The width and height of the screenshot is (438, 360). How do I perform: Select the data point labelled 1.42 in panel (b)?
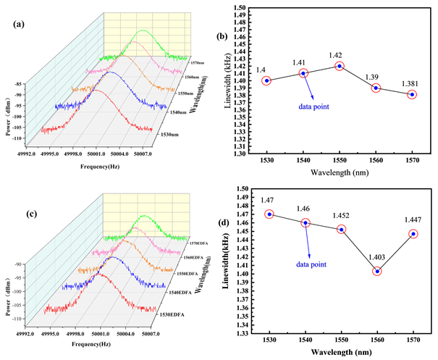click(340, 66)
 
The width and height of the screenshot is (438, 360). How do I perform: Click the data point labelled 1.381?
click(412, 95)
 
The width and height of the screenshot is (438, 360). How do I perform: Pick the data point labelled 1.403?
click(376, 272)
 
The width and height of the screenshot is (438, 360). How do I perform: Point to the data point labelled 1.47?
click(269, 214)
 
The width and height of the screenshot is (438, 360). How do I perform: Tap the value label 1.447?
click(413, 219)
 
